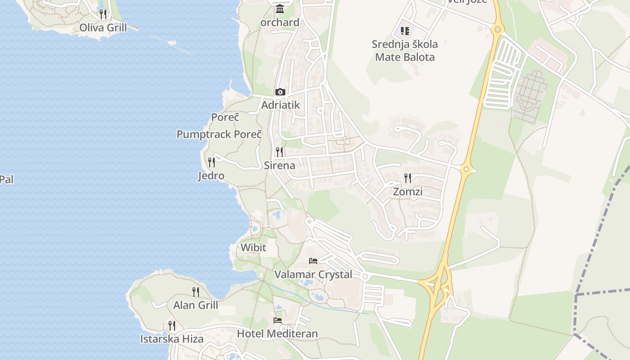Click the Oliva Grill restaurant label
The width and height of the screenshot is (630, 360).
[x=103, y=27]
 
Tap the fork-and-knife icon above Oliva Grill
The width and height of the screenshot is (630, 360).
[x=103, y=14]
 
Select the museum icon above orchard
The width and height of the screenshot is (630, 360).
[x=280, y=9]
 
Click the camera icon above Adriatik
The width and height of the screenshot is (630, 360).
[x=280, y=92]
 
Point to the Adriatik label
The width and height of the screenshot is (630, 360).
[x=280, y=105]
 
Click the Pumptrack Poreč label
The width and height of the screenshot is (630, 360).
[x=219, y=134]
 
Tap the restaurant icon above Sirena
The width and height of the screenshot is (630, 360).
[x=279, y=152]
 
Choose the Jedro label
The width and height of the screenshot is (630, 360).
[x=211, y=175]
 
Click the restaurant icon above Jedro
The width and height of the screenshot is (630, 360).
[x=211, y=162]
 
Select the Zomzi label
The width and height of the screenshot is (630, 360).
[x=408, y=192]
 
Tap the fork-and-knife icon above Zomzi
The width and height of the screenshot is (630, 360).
[x=408, y=178]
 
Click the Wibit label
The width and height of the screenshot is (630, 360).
[x=253, y=247]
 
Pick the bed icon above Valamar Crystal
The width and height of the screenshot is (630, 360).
[x=313, y=261]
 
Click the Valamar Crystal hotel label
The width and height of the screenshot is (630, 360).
[x=313, y=274]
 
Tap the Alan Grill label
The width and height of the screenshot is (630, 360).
[x=196, y=305]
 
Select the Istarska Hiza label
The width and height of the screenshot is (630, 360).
[x=172, y=339]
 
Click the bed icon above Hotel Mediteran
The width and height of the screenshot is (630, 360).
[x=278, y=320]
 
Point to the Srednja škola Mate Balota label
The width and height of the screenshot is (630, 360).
[x=405, y=50]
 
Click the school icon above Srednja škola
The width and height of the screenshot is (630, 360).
[x=405, y=31]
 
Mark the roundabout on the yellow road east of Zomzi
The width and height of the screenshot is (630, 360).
[x=467, y=170]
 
